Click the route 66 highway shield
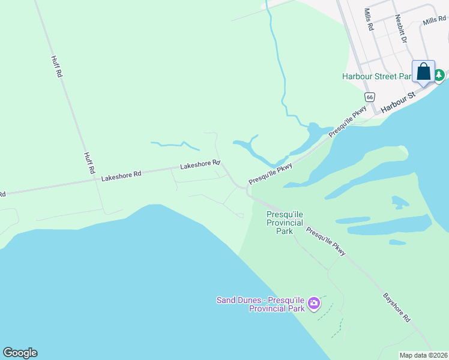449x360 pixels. pyautogui.click(x=370, y=97)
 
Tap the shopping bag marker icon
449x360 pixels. pyautogui.click(x=423, y=72)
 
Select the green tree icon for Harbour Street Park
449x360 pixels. pyautogui.click(x=440, y=76)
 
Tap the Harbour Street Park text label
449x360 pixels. pyautogui.click(x=376, y=76)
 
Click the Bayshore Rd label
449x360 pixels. pyautogui.click(x=397, y=307)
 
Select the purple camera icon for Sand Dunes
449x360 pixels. pyautogui.click(x=313, y=304)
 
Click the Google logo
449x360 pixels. pyautogui.click(x=20, y=353)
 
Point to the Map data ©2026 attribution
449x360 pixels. pyautogui.click(x=423, y=355)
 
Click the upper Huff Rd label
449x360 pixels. pyautogui.click(x=57, y=67)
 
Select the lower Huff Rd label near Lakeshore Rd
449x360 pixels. pyautogui.click(x=89, y=163)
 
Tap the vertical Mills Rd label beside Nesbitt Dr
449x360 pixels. pyautogui.click(x=369, y=20)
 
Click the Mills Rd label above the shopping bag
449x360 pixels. pyautogui.click(x=435, y=21)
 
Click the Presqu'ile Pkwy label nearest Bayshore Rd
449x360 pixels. pyautogui.click(x=326, y=241)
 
